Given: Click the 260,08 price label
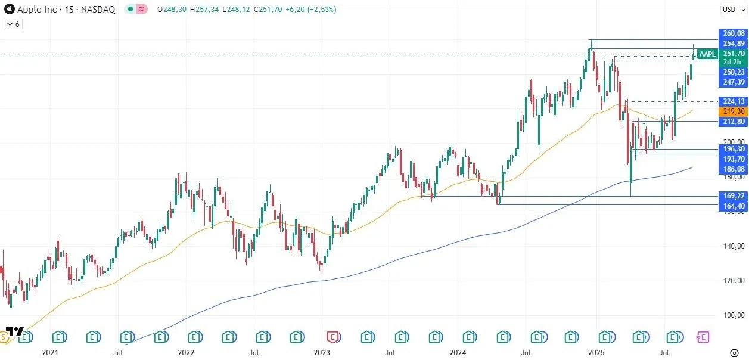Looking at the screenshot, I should [x=733, y=33].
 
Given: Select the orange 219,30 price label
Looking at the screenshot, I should [x=733, y=111].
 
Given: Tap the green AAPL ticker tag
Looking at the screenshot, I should [x=707, y=54].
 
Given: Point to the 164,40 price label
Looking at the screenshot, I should [x=733, y=206].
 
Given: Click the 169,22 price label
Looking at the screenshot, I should [x=733, y=196].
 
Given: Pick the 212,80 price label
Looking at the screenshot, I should [x=733, y=122].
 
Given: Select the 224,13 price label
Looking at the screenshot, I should [x=733, y=101].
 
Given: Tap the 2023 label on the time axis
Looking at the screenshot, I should [x=322, y=353].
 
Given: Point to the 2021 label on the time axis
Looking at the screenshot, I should [x=50, y=353].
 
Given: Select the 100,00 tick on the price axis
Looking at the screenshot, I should [x=733, y=315].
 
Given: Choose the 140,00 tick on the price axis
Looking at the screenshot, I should [x=733, y=246].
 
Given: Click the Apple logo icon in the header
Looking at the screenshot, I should [x=9, y=9].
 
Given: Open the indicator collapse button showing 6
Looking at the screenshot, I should [x=13, y=24].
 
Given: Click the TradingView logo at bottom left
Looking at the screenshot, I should [x=15, y=332].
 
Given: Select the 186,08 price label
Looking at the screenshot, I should [x=733, y=169].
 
